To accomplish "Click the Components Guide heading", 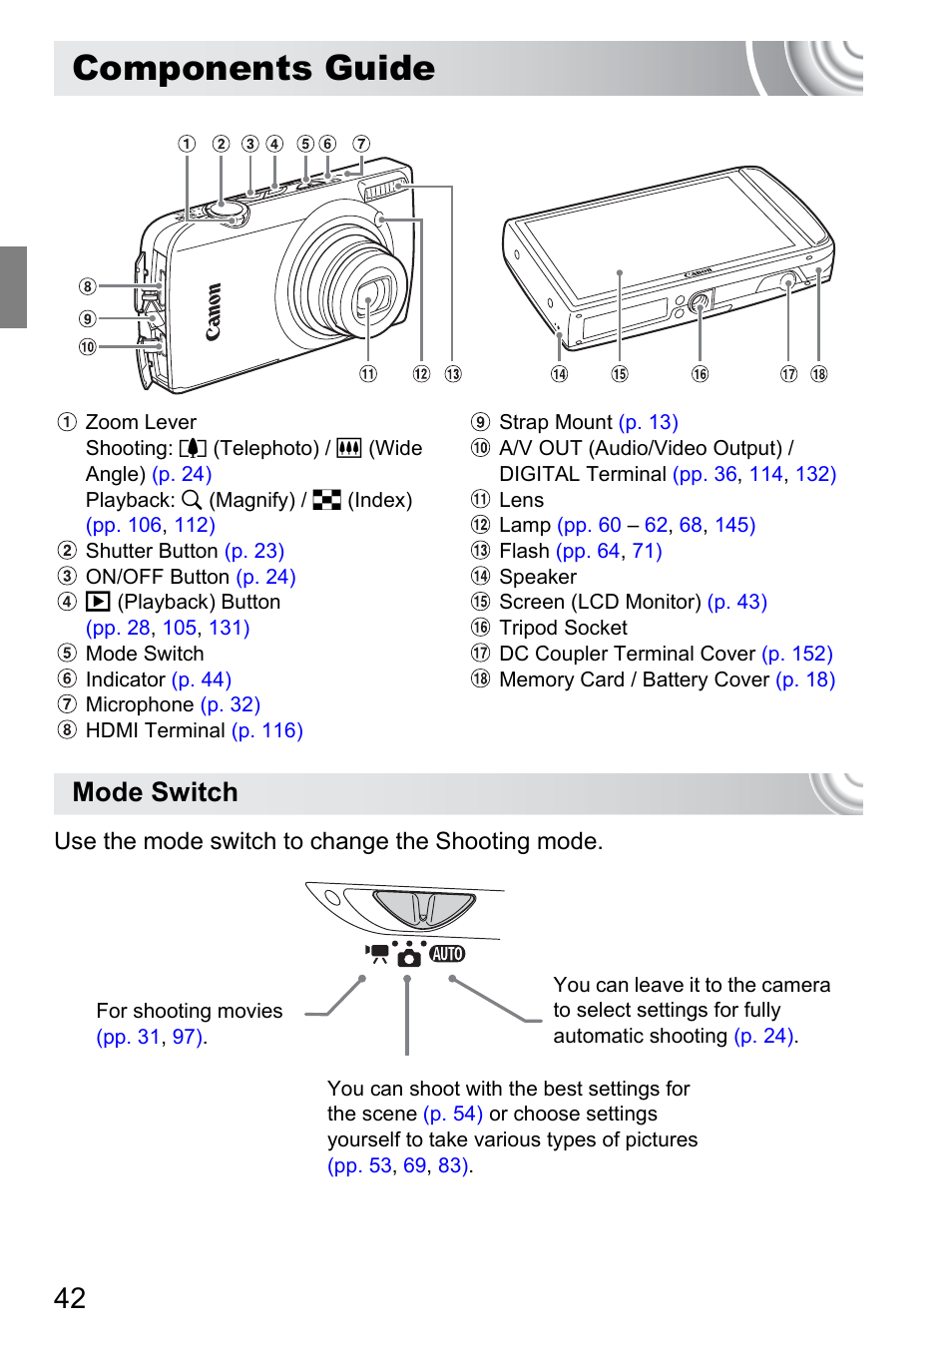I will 253,69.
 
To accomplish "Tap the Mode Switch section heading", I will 156,792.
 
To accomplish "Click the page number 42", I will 70,1297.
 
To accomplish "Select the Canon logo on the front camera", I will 214,311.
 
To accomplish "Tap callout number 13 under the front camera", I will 453,374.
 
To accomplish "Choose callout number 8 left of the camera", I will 88,287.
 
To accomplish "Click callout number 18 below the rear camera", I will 818,374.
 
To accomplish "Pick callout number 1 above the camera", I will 187,144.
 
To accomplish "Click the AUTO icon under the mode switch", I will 447,954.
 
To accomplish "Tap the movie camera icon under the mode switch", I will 378,953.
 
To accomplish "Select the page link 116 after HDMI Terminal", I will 281,730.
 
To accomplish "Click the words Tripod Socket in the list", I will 563,628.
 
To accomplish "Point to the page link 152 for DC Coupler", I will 810,654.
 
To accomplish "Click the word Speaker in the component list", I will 538,577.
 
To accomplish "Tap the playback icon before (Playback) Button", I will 98,602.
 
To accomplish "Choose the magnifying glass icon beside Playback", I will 192,500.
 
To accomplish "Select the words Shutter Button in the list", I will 152,551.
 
